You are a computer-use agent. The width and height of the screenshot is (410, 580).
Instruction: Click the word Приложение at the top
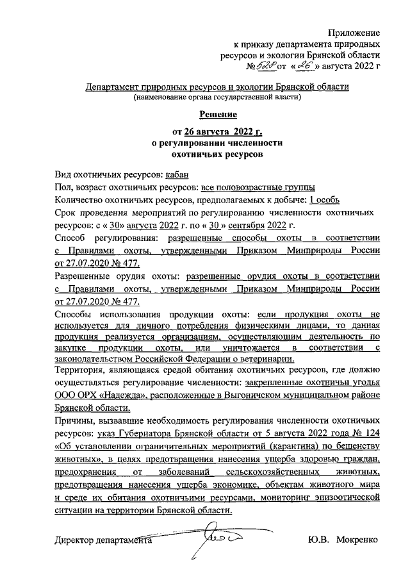click(x=354, y=32)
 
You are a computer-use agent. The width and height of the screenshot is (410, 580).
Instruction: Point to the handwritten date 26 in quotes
click(x=302, y=65)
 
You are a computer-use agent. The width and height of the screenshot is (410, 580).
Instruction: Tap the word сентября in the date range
click(x=244, y=224)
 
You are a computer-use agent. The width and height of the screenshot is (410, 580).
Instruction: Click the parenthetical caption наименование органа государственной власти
click(x=217, y=97)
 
